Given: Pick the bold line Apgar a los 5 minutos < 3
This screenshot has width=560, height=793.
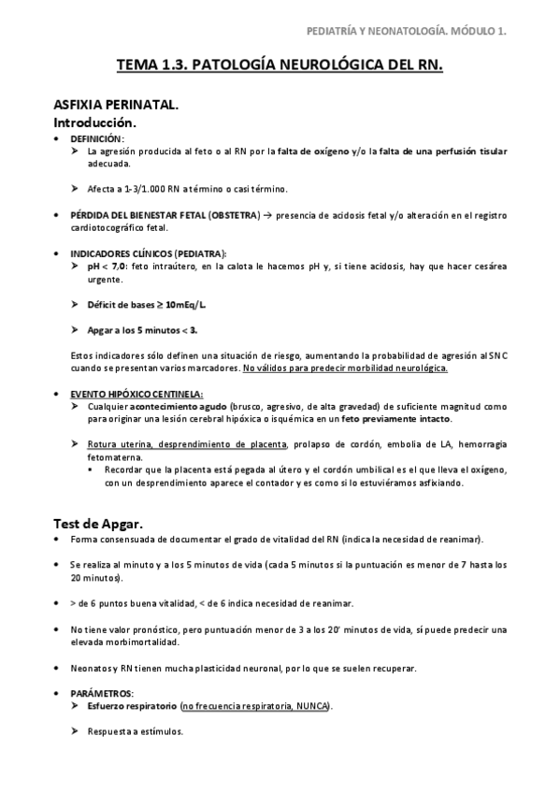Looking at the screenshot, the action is (x=142, y=329).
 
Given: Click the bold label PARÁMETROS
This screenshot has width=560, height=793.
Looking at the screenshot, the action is (x=101, y=693).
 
